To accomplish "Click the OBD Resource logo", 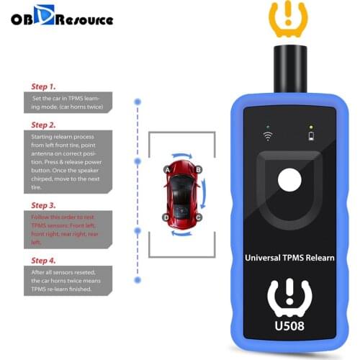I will [60, 18].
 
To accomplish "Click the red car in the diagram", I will [181, 193].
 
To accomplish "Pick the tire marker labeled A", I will [167, 169].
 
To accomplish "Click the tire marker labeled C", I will [197, 217].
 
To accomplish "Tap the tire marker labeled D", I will [166, 217].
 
